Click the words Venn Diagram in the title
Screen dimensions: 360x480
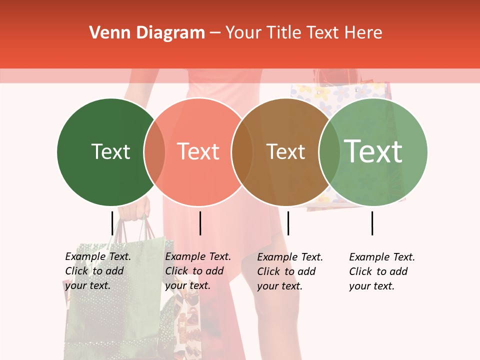[x=147, y=33]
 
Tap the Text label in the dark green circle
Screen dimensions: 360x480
[x=110, y=151]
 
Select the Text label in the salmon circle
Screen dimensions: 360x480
[x=198, y=151]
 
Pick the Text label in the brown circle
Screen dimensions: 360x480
[x=285, y=151]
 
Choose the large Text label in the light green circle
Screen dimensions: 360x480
[x=373, y=151]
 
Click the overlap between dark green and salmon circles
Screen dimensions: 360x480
[x=154, y=152]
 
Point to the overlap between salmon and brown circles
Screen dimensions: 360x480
[x=242, y=152]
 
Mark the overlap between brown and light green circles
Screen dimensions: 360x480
[x=329, y=152]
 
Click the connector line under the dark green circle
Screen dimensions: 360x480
[x=112, y=223]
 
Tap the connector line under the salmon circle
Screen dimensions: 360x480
[x=200, y=223]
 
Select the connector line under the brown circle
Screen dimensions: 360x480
[x=288, y=223]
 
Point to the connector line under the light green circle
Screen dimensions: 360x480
[x=372, y=223]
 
